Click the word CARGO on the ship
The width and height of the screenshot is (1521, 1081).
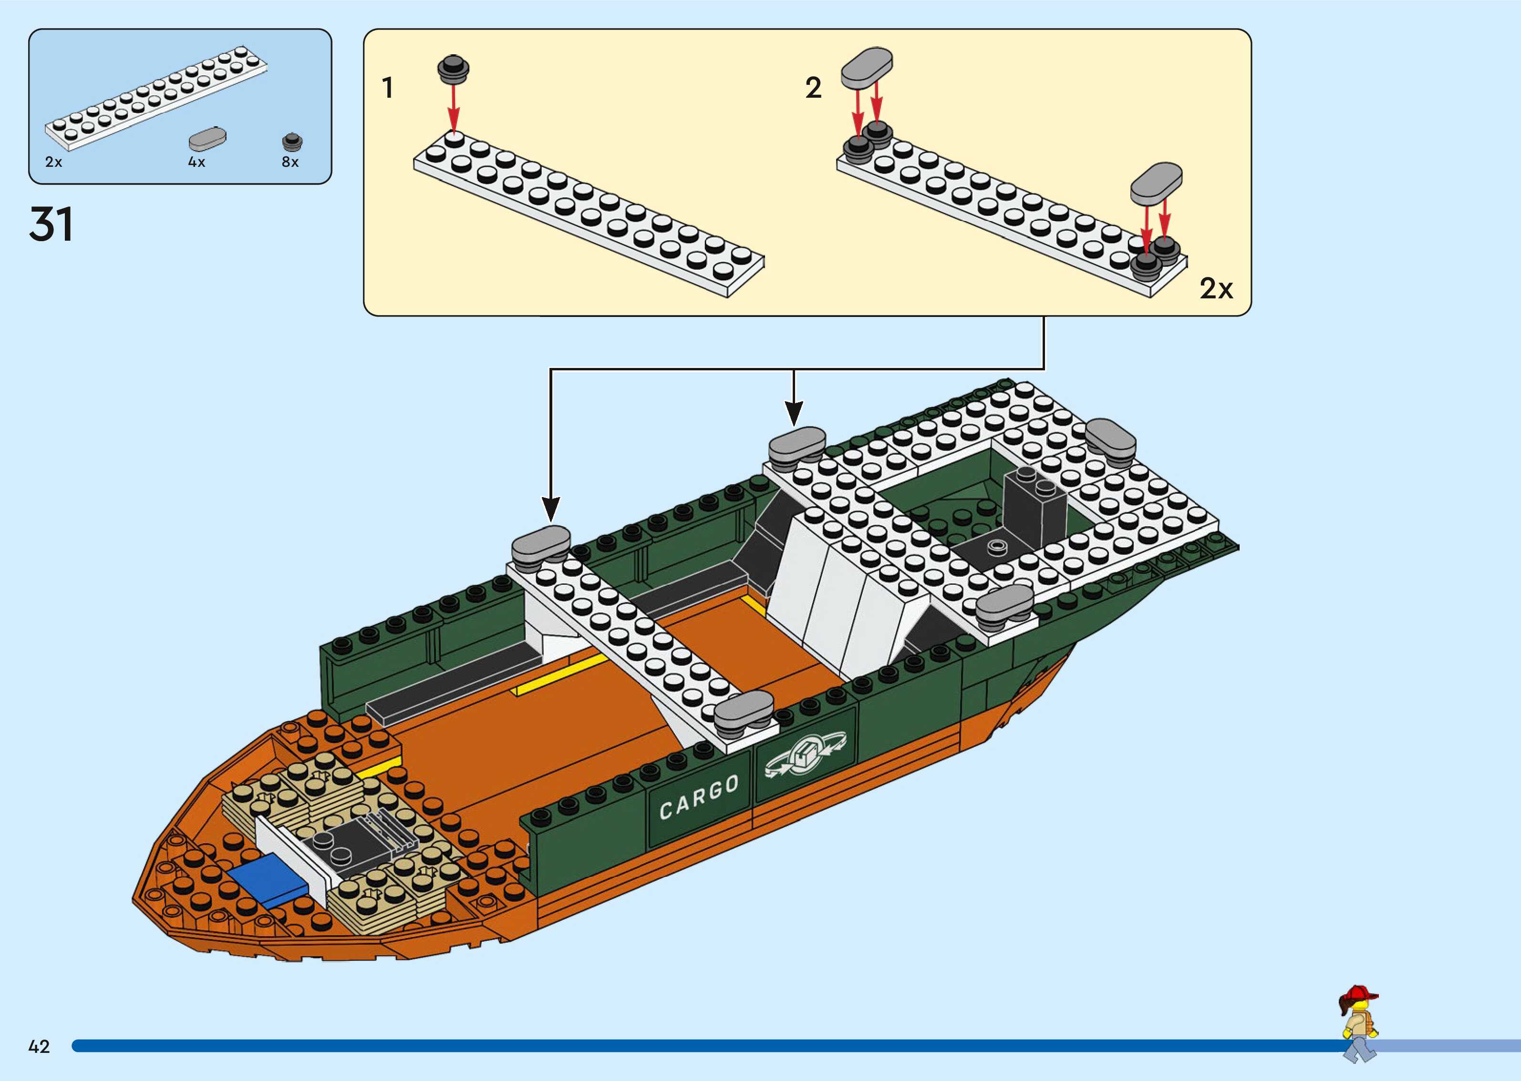point(699,797)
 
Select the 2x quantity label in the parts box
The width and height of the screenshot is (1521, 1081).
point(53,162)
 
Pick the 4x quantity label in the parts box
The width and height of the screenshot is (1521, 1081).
point(197,162)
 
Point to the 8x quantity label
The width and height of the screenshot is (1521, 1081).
point(290,162)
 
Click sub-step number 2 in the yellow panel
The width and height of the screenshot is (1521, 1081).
point(813,88)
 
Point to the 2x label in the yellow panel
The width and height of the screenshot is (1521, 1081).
point(1216,288)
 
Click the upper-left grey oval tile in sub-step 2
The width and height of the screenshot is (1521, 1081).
point(867,67)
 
